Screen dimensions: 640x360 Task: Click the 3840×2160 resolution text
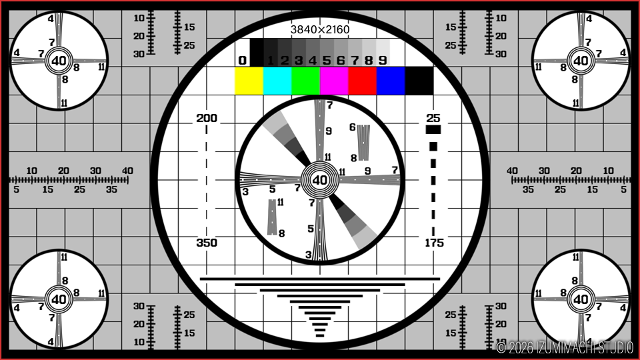point(320,29)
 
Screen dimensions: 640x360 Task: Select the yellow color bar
point(249,81)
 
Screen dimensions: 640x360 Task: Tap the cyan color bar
point(277,81)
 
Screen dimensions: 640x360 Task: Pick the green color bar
point(306,81)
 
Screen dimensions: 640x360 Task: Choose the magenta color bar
point(334,81)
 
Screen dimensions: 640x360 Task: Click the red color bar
point(363,81)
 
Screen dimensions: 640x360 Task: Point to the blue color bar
point(391,81)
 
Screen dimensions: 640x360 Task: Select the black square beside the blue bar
point(419,81)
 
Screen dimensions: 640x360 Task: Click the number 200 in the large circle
point(207,119)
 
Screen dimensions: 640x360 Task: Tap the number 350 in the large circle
point(207,243)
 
